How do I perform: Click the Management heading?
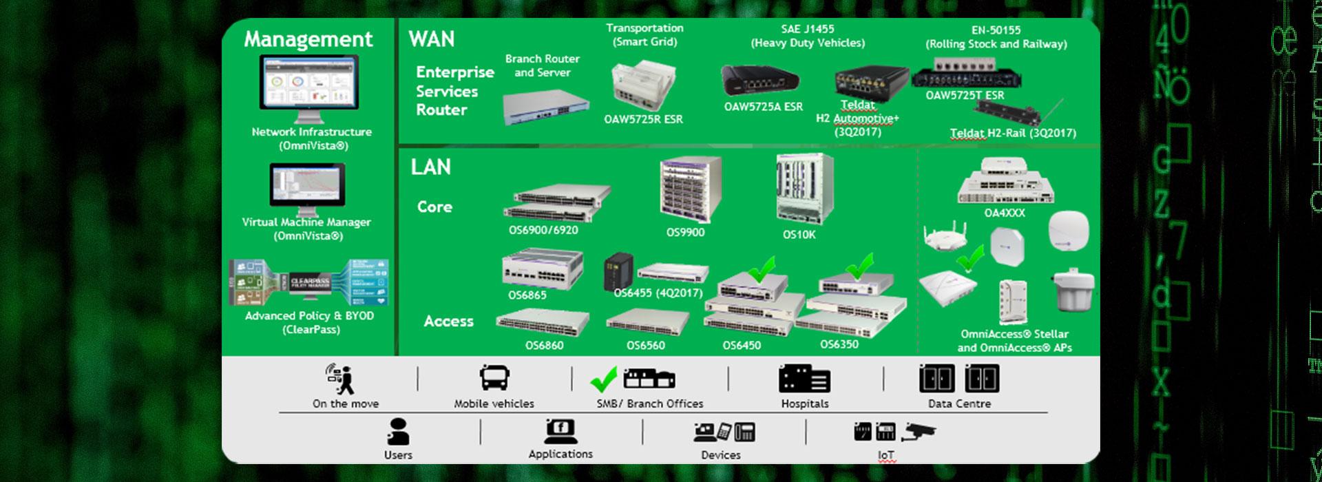point(308,39)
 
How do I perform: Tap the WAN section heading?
point(432,39)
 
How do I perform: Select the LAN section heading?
point(431,167)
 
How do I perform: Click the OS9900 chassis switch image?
point(691,187)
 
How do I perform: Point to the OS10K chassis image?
point(804,187)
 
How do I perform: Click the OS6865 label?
point(527,295)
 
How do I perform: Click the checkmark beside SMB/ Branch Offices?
point(604,378)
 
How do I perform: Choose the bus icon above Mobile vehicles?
point(494,378)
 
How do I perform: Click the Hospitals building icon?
point(804,379)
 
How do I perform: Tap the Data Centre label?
point(959,404)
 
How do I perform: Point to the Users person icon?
point(398,431)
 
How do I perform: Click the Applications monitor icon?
point(560,430)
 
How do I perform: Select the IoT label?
point(885,455)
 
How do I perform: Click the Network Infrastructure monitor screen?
point(309,81)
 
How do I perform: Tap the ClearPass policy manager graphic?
point(309,282)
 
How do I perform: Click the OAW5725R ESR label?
point(643,119)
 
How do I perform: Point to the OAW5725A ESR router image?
point(759,81)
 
